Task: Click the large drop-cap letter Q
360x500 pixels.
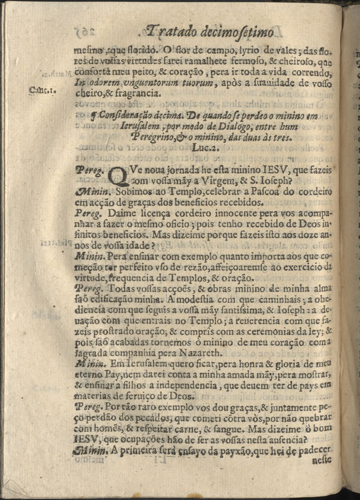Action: pyautogui.click(x=119, y=174)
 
